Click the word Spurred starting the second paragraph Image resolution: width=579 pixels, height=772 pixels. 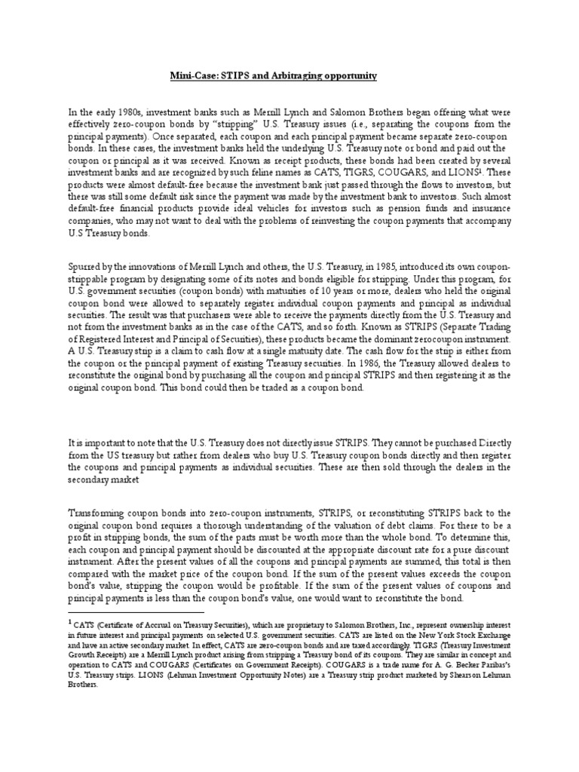coord(83,268)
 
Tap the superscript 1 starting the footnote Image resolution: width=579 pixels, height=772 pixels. coord(69,623)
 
